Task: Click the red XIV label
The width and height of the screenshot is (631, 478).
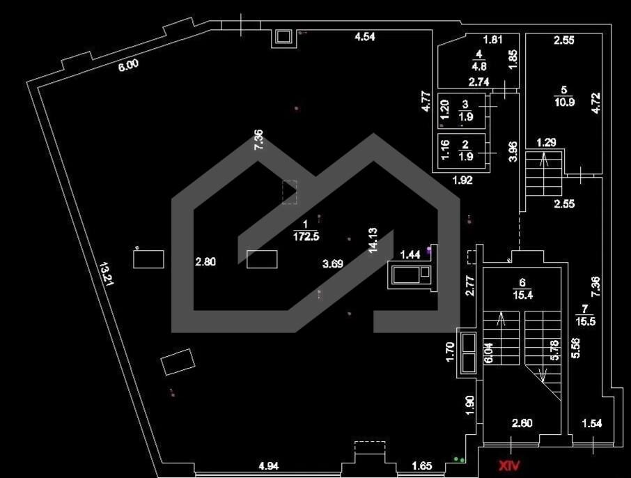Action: [510, 466]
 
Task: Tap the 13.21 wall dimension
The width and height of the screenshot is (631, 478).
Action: [107, 274]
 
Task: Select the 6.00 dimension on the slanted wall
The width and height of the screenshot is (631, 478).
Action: [128, 65]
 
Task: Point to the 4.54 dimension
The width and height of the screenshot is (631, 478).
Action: [364, 37]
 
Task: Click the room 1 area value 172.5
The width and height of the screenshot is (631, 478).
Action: [306, 236]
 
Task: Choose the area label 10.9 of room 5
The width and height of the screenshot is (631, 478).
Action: [564, 102]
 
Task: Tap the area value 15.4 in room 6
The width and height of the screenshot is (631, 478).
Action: [522, 295]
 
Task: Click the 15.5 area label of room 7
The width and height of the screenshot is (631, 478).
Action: [586, 321]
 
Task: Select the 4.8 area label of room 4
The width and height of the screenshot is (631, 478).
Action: [478, 66]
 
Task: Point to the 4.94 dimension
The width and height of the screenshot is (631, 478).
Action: [268, 466]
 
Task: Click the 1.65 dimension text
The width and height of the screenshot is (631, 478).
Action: [422, 466]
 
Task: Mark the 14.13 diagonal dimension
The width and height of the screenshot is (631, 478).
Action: [373, 240]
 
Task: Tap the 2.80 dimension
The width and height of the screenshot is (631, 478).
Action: [205, 262]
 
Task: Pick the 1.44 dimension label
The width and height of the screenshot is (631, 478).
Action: [410, 254]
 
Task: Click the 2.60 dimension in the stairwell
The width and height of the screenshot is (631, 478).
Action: [522, 423]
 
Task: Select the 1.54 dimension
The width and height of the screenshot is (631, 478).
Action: [592, 423]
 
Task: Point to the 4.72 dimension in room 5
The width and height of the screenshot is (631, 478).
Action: [596, 103]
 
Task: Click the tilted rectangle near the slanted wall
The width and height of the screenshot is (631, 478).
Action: [178, 362]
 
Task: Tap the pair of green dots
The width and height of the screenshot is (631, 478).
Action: [459, 459]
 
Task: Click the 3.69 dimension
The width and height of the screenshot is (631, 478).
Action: [333, 264]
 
